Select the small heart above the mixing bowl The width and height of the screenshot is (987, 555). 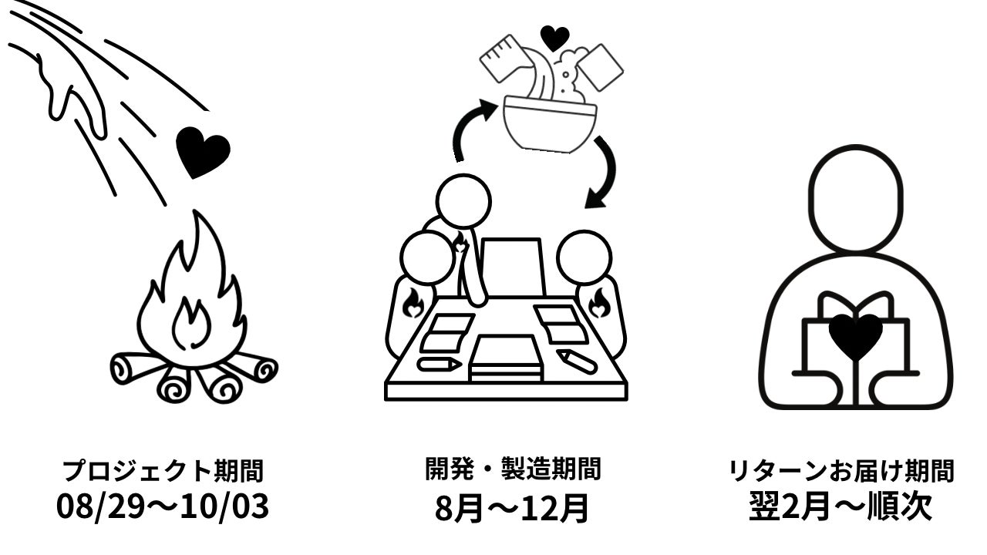pos(554,36)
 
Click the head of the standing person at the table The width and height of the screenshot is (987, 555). pos(463,202)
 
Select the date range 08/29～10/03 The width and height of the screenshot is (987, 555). pos(163,507)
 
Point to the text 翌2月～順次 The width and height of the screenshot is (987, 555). pos(841,507)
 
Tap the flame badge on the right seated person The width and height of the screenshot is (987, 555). pos(599,303)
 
